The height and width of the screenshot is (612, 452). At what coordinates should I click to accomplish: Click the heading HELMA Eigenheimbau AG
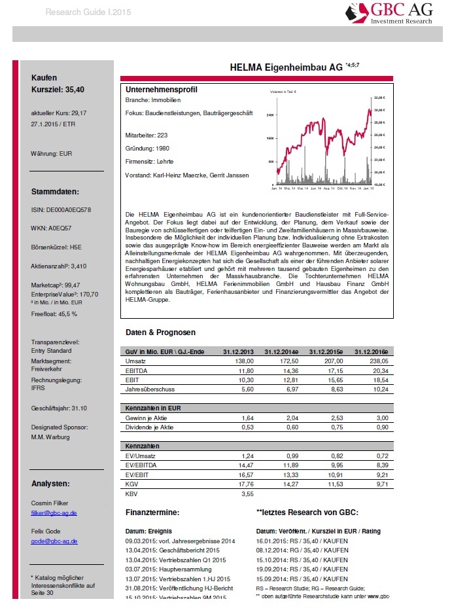pos(287,67)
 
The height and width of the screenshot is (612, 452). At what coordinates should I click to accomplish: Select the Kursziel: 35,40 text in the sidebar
pos(58,90)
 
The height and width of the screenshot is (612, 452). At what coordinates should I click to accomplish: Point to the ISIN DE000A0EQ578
pos(61,210)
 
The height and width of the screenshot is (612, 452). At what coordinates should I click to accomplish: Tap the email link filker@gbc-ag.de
pos(54,513)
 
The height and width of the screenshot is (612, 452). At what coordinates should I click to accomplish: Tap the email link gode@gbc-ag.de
pos(54,541)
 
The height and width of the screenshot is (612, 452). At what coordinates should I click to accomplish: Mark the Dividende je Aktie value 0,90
pos(380,427)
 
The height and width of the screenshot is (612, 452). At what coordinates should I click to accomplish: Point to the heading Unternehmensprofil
pos(161,90)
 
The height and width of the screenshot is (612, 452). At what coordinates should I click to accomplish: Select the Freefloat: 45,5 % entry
pos(54,314)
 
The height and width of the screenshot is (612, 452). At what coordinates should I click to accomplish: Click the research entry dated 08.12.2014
pos(302,550)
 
